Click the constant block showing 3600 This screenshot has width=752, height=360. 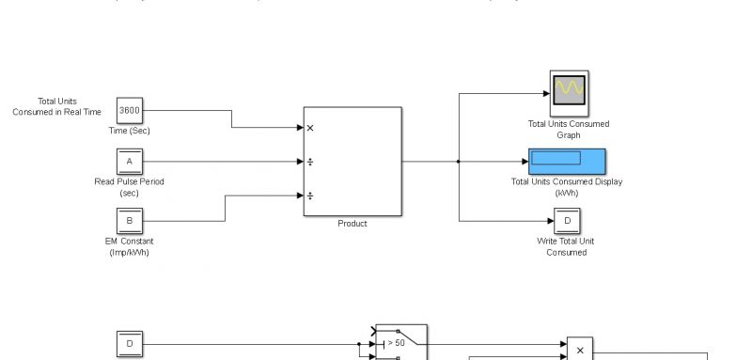[130, 110]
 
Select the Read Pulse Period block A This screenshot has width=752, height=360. [130, 162]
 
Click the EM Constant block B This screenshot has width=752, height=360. [130, 221]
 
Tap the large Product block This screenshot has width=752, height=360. [352, 162]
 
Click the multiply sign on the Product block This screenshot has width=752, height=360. [311, 128]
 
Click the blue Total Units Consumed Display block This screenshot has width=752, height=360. [567, 161]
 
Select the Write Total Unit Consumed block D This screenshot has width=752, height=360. [567, 221]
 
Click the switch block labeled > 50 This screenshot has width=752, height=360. [402, 344]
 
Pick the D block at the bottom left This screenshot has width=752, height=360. [130, 345]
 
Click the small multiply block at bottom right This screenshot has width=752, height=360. [580, 350]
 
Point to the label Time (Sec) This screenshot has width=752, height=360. [129, 131]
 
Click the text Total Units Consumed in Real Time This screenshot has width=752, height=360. [57, 106]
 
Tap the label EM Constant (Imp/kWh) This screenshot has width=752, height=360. [130, 246]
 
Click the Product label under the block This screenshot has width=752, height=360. [352, 224]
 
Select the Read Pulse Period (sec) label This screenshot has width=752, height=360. [130, 186]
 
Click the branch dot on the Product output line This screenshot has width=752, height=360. [459, 162]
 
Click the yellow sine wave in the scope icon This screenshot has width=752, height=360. [569, 88]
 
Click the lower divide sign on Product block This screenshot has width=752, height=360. [311, 196]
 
